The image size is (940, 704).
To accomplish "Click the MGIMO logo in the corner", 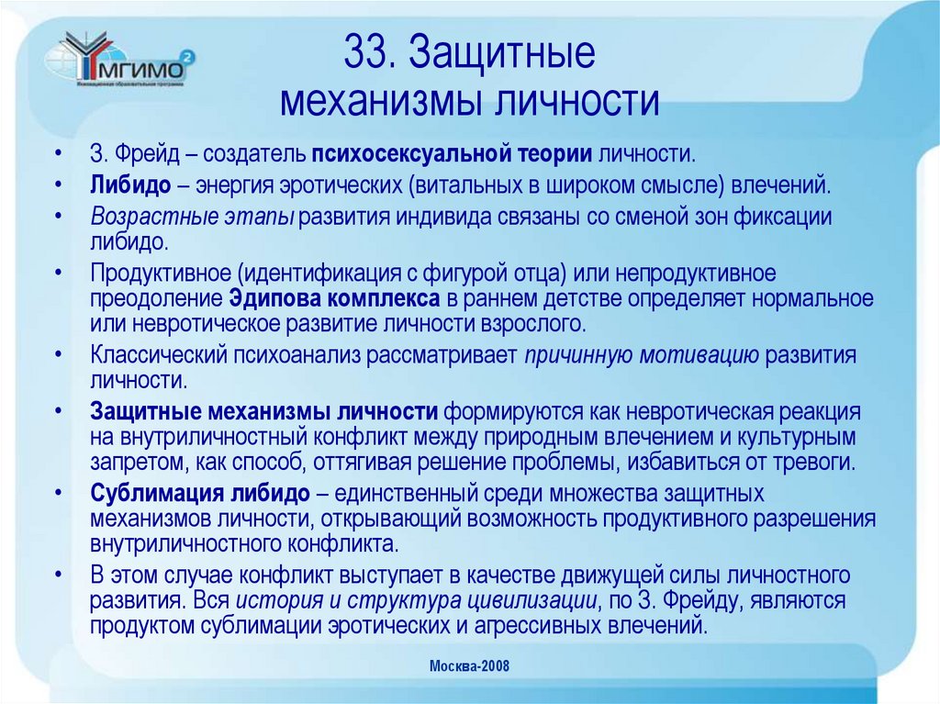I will click(119, 62).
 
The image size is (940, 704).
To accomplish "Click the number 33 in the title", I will click(366, 55).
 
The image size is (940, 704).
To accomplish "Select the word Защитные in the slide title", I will click(502, 55).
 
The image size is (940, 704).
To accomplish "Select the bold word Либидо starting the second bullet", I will click(130, 184).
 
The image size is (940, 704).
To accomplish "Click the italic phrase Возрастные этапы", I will click(192, 217).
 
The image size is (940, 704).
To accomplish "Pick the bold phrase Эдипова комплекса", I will click(335, 298).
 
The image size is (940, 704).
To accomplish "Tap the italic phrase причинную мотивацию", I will click(641, 356).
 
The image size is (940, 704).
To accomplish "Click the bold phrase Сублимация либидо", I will click(200, 493).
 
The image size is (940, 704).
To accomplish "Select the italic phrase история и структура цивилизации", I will click(418, 602).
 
